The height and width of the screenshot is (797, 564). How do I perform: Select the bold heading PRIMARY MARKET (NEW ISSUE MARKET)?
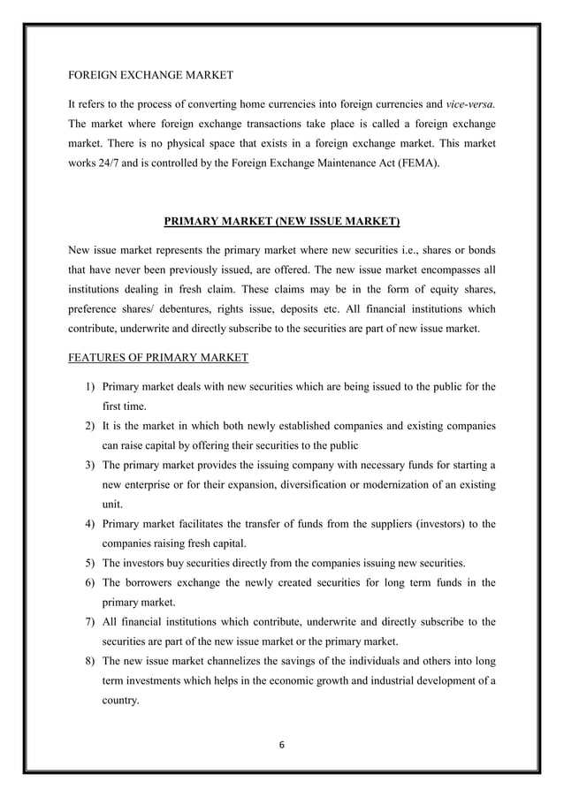point(282,218)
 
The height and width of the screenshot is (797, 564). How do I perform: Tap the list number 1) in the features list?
point(91,386)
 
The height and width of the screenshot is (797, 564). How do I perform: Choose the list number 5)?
point(91,563)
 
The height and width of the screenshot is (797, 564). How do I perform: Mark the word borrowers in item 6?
point(151,584)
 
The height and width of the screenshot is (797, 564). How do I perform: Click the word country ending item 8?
point(122,701)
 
